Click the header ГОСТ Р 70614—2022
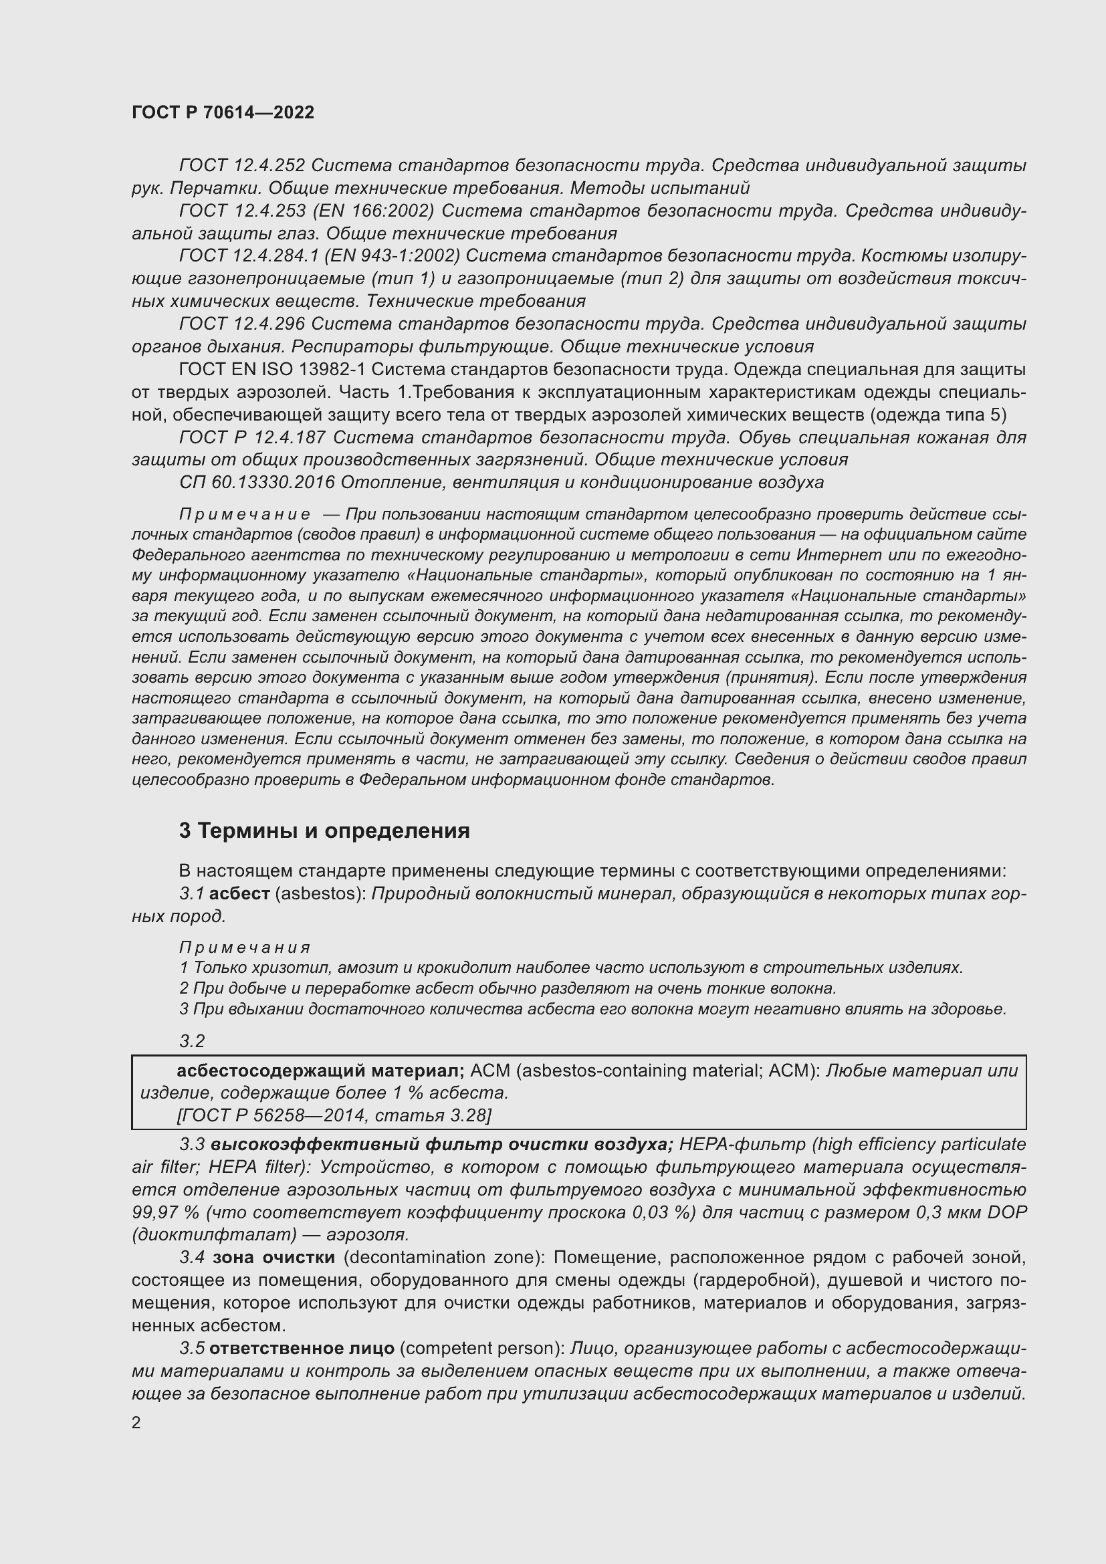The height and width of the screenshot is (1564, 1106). (223, 113)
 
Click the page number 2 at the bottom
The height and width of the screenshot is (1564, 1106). (136, 1423)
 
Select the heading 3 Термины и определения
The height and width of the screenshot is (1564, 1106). (324, 831)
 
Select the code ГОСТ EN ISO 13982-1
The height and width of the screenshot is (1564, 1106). (272, 370)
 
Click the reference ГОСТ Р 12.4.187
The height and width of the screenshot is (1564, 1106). (252, 437)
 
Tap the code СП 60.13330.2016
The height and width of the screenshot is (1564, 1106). (257, 483)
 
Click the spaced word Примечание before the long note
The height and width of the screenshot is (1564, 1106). (245, 514)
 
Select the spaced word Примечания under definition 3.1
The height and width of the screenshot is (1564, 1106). (245, 947)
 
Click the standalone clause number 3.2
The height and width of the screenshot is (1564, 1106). (192, 1041)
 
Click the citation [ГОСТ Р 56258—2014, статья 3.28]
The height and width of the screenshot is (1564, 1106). (333, 1115)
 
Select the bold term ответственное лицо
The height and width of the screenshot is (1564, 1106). (302, 1348)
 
